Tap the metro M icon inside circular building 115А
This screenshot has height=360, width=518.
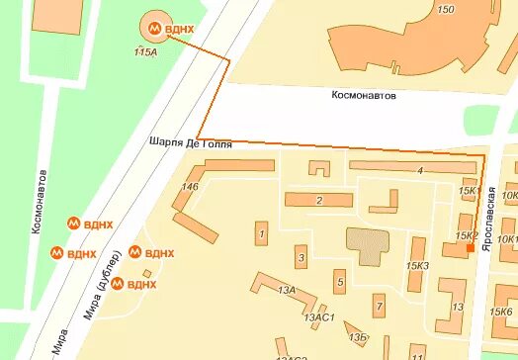tap(156, 29)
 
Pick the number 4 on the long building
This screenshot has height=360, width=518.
tap(420, 171)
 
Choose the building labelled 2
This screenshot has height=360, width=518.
tap(319, 201)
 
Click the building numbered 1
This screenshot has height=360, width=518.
tap(261, 234)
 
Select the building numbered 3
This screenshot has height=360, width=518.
tap(301, 259)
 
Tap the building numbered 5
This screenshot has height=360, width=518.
tap(340, 284)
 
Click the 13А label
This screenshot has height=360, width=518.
tap(287, 290)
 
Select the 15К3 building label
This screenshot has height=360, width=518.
tap(417, 266)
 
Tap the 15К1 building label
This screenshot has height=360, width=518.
tap(469, 191)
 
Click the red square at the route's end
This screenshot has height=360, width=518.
tap(471, 251)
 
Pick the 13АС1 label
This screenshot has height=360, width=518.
tap(322, 317)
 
